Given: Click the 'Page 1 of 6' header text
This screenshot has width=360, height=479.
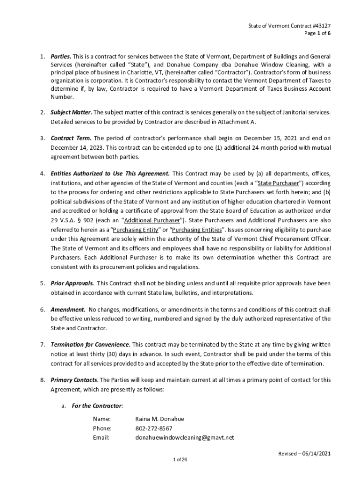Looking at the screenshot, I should click(320, 34).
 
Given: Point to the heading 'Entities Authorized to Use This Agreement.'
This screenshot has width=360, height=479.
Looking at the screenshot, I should click(110, 174).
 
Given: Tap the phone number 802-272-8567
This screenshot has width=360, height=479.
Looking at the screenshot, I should click(154, 428).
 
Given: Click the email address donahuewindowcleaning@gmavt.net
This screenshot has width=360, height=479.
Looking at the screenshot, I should click(185, 438).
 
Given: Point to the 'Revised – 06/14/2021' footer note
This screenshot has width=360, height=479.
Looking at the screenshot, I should click(304, 454).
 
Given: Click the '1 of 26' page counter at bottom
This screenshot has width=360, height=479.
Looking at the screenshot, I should click(180, 460).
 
